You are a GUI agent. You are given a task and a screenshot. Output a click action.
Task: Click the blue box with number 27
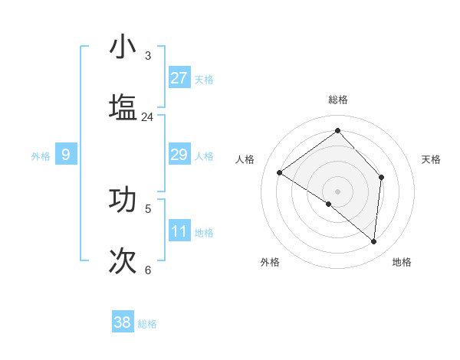tap(179, 78)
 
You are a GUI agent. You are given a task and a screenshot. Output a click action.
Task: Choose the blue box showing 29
tap(179, 155)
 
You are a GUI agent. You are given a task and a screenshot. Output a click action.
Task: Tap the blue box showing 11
tap(179, 231)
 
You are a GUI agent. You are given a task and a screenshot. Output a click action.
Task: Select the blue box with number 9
tap(66, 155)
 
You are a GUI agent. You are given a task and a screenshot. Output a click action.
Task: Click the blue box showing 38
tap(123, 322)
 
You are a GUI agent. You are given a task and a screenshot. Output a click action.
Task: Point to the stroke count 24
tap(147, 117)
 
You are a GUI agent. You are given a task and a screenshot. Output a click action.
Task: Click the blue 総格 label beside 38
tap(147, 324)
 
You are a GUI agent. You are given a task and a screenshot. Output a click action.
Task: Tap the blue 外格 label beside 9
tap(41, 156)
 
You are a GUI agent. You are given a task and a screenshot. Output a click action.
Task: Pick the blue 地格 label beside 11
tap(204, 233)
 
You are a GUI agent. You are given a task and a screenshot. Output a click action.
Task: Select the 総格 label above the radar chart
tap(337, 100)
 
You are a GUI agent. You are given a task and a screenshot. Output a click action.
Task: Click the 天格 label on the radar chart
tap(431, 159)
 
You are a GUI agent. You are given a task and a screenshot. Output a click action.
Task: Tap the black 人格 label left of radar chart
tap(245, 159)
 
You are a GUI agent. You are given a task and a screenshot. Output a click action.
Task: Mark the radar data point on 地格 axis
tap(373, 241)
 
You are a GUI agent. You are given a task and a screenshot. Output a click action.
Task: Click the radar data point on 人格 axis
tap(280, 172)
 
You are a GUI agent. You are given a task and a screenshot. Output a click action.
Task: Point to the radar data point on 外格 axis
tap(329, 204)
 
